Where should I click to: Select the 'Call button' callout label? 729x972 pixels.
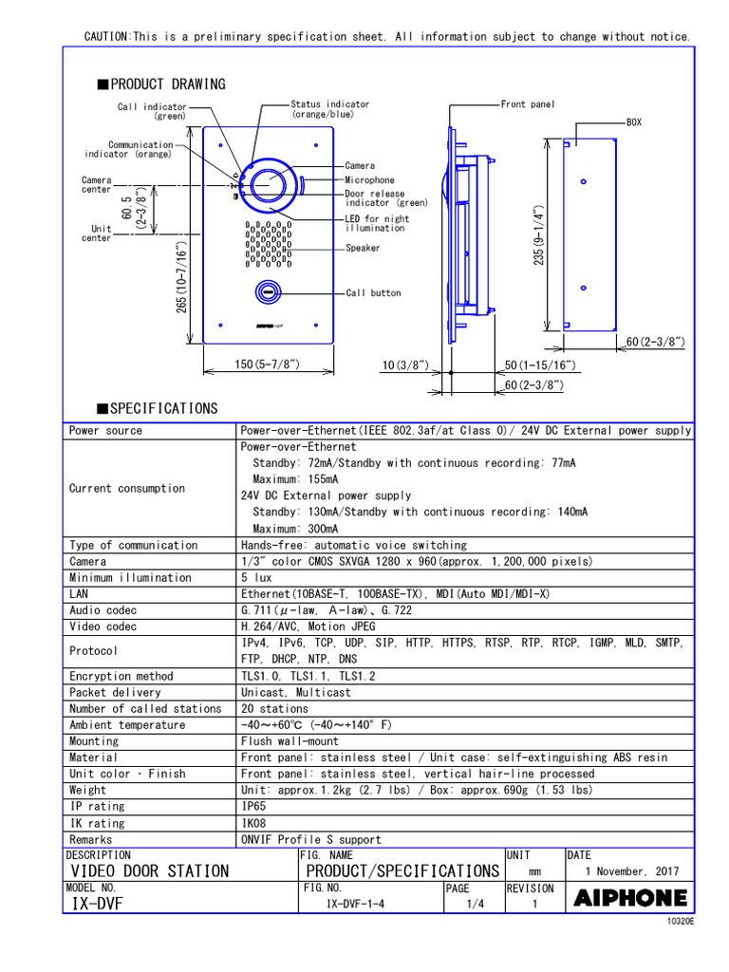[x=373, y=293]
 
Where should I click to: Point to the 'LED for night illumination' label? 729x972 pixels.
[x=377, y=223]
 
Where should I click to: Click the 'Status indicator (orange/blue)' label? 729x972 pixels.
[x=330, y=109]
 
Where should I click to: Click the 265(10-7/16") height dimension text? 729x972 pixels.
[x=181, y=277]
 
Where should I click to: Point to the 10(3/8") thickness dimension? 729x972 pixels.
[x=405, y=365]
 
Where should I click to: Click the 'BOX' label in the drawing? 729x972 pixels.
[x=634, y=122]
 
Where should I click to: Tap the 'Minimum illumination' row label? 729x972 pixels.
[x=130, y=577]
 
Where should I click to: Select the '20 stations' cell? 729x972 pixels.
[x=274, y=708]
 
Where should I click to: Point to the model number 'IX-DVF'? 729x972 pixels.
[x=98, y=904]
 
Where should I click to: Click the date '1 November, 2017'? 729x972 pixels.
[x=631, y=870]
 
